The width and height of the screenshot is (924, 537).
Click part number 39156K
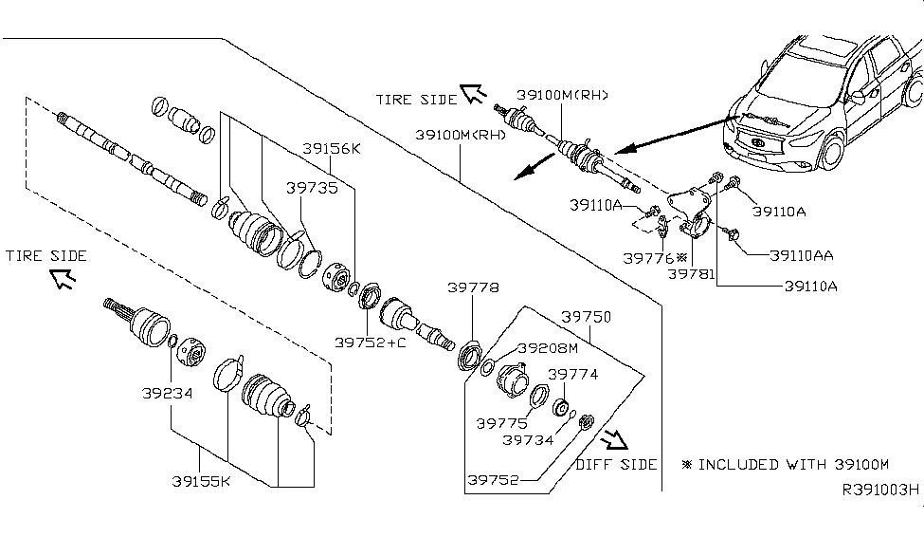pos(331,149)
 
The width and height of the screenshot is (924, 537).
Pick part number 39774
pos(571,375)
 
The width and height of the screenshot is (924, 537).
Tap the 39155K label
pos(201,481)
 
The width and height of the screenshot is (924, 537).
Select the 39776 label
pos(648,258)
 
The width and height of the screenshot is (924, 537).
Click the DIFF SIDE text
pos(616,464)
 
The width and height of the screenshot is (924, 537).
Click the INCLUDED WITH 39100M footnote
pos(786,465)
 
